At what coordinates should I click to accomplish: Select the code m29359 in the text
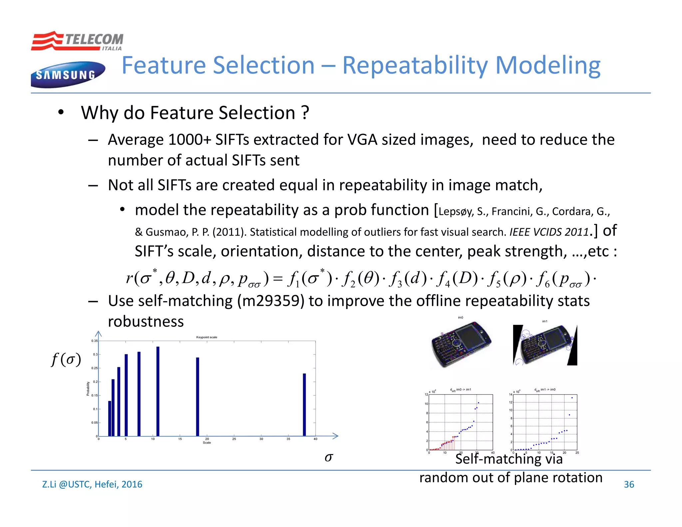coord(270,301)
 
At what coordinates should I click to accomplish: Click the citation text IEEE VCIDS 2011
coord(549,232)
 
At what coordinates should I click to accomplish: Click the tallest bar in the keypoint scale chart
coord(158,391)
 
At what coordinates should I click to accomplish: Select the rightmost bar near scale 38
coord(304,404)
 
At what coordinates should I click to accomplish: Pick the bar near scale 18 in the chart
coord(197,396)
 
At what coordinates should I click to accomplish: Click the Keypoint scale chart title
coord(206,337)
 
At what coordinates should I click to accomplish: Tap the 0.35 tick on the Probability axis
coord(95,341)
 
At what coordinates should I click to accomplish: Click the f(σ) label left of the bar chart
coord(66,360)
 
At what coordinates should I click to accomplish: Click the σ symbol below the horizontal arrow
coord(329,457)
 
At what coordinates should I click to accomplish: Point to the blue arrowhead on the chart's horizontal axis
coord(335,436)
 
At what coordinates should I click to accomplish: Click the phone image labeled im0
coord(461,344)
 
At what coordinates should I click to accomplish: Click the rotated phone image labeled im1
coord(545,345)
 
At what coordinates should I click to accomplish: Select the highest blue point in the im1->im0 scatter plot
coord(572,398)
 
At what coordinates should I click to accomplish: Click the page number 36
coord(629,484)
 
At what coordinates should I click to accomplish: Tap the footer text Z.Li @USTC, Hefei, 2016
coord(92,484)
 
